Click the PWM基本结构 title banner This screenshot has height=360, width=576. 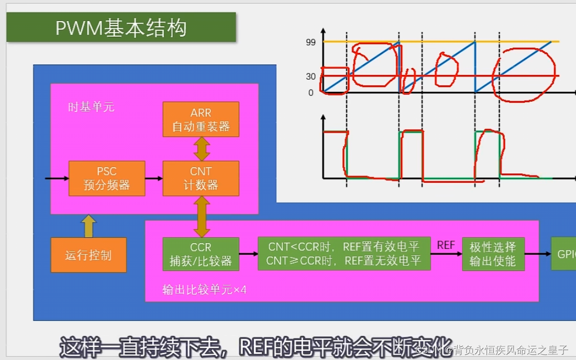[121, 27]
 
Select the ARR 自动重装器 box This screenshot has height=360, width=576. [201, 119]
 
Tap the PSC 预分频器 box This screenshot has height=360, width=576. [107, 178]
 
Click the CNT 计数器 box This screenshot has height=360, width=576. [201, 178]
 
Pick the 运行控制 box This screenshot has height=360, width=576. [88, 255]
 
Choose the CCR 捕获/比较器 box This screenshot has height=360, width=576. [201, 254]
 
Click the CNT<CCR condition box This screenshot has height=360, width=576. [344, 254]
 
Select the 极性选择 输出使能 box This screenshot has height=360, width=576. [493, 254]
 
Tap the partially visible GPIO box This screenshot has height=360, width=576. [564, 254]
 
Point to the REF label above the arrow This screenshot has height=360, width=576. [446, 245]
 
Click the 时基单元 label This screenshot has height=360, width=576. [91, 107]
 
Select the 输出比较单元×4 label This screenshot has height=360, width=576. [204, 289]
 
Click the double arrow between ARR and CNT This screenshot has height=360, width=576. [201, 149]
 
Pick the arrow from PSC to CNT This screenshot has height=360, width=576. [154, 178]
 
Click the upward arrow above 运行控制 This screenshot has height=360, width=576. [88, 226]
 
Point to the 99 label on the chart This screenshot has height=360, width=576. [311, 43]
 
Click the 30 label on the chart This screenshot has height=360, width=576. [311, 77]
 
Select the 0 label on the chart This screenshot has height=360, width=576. [311, 93]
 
